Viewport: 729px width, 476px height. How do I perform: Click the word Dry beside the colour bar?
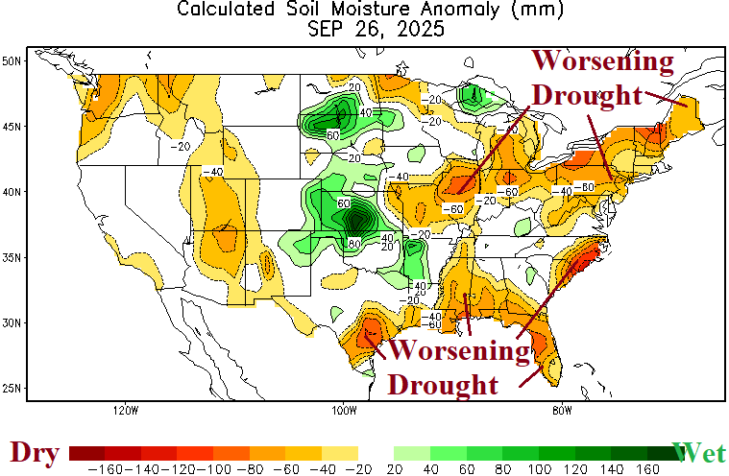coord(34,452)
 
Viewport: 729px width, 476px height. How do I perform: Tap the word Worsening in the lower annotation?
coord(458,351)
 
